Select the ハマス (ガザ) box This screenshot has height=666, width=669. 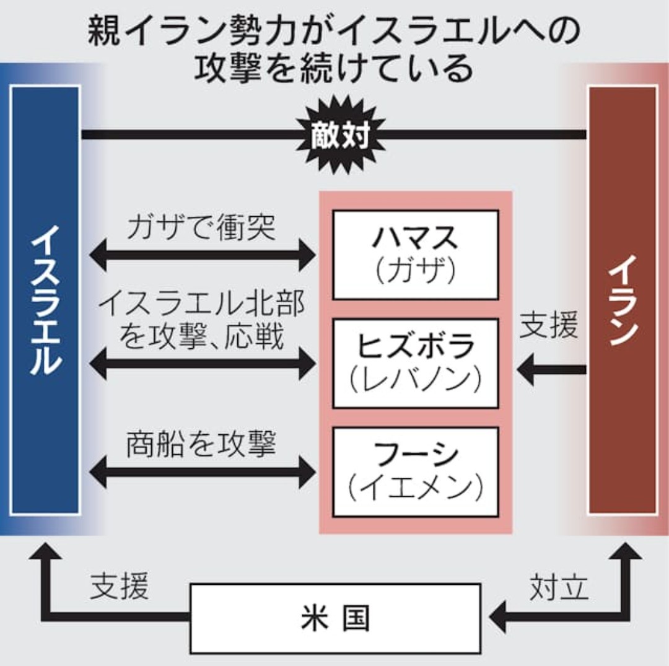tap(415, 255)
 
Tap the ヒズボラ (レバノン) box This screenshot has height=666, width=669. tap(415, 363)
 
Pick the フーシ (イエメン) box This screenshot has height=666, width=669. tap(415, 471)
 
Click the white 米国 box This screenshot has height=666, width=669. tap(335, 618)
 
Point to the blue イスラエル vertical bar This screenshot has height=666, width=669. tap(45, 300)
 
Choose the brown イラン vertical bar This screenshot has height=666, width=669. tap(623, 300)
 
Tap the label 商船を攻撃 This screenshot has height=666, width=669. tap(201, 445)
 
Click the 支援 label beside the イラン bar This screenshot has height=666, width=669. tap(548, 327)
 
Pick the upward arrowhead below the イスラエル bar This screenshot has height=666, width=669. tap(45, 551)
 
